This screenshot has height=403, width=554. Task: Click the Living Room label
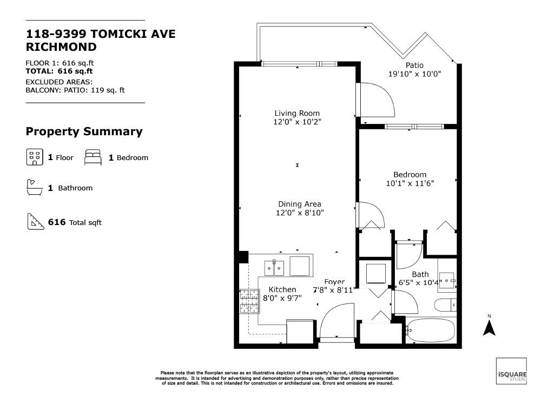click(297, 113)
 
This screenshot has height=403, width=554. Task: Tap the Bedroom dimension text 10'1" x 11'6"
click(410, 183)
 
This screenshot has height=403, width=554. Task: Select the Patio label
click(414, 65)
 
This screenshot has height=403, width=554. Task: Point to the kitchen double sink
click(274, 268)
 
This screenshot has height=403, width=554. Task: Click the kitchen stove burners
click(250, 301)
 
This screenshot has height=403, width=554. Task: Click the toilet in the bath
click(445, 305)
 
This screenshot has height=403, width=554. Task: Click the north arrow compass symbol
click(489, 328)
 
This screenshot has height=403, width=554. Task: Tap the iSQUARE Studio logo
click(511, 371)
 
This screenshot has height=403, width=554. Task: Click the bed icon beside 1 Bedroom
click(93, 157)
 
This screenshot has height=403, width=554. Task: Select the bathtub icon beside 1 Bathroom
click(35, 187)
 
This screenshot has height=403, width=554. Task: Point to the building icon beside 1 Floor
click(35, 157)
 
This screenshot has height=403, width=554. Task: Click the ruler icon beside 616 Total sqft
click(36, 221)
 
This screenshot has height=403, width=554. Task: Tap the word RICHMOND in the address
click(61, 47)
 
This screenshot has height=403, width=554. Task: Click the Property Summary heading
click(84, 131)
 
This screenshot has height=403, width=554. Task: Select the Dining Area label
click(300, 204)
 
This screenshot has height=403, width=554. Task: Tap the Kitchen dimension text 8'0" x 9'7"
click(282, 298)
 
